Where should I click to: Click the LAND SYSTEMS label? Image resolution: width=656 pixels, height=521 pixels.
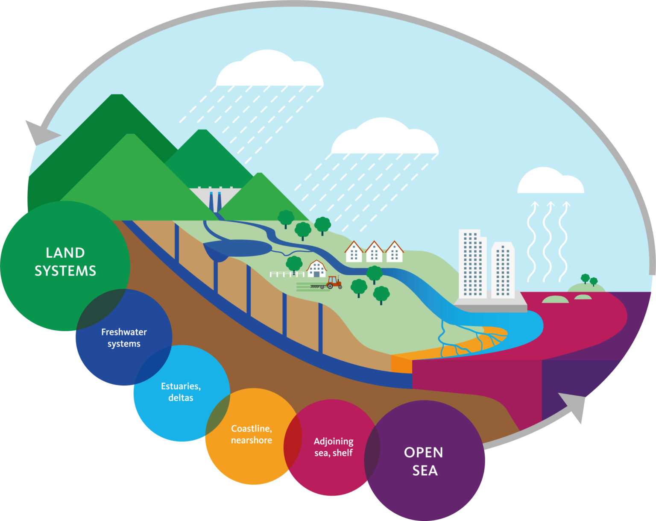[x=65, y=262]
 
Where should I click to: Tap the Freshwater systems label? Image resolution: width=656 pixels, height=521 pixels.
[x=124, y=338]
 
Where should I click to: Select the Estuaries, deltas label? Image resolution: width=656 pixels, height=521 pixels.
[x=181, y=391]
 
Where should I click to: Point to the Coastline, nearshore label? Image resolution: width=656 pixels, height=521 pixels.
[x=252, y=434]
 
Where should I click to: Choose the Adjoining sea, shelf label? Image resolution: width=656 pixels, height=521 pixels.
[x=334, y=447]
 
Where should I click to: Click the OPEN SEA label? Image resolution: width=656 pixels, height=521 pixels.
[x=424, y=461]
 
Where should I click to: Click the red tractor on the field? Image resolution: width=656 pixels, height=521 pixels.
[x=334, y=282]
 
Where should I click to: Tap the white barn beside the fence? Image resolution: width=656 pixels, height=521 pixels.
[x=316, y=269]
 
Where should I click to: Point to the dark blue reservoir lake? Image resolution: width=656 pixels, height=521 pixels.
[x=237, y=248]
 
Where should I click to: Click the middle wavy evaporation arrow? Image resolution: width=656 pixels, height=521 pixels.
[x=549, y=241]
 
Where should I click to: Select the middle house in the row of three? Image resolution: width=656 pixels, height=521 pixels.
[x=374, y=252]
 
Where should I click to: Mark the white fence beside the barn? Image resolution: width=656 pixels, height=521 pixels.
[x=287, y=274]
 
